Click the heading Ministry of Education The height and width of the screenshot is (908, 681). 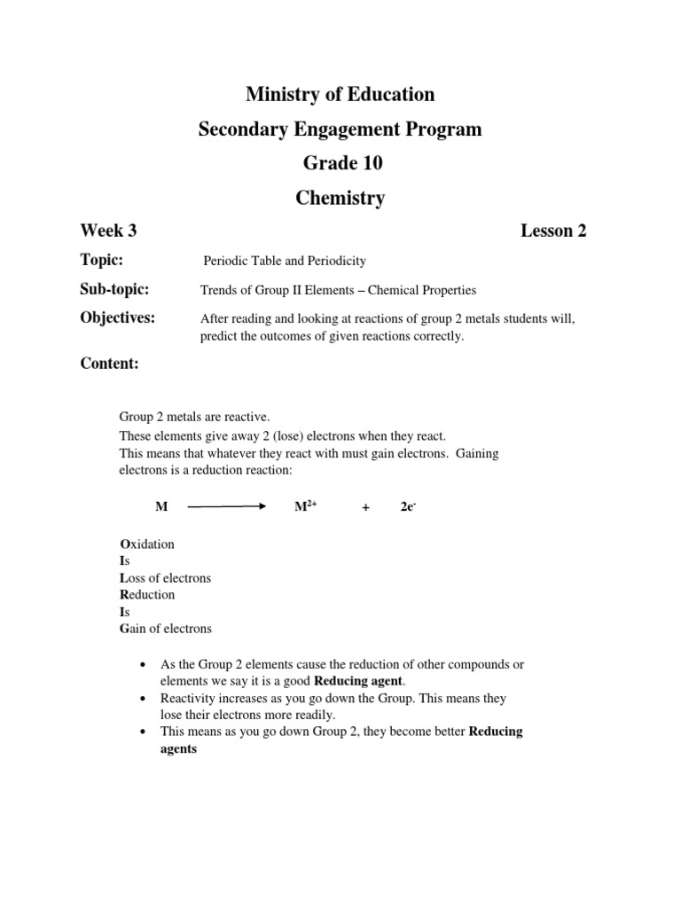click(x=340, y=94)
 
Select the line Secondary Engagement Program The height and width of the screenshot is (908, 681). click(x=340, y=129)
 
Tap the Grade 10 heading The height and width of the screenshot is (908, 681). click(x=340, y=164)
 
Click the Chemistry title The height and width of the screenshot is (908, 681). click(x=340, y=199)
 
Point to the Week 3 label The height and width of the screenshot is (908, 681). click(x=108, y=231)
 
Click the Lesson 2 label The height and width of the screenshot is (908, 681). click(x=553, y=231)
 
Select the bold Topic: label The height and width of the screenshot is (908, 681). click(x=101, y=259)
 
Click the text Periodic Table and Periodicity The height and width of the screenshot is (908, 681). click(x=285, y=261)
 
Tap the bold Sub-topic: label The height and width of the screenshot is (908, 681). click(x=114, y=289)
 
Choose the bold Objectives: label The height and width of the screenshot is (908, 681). click(x=117, y=318)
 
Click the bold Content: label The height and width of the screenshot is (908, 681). click(x=109, y=364)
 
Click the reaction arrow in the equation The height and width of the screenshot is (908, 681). click(x=227, y=506)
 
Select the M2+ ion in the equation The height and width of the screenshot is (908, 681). click(x=305, y=505)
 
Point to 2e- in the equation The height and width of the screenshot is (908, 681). click(x=408, y=505)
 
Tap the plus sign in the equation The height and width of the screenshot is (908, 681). click(x=365, y=506)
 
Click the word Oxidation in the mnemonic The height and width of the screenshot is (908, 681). click(x=147, y=544)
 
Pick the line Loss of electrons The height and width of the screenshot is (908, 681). click(x=165, y=578)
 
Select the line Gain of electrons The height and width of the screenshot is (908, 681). click(x=166, y=629)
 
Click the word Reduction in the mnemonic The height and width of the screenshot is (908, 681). click(x=147, y=595)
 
